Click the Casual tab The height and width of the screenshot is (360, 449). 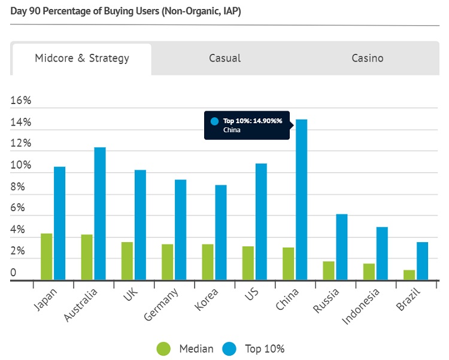pos(224,58)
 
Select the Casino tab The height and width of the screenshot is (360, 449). pos(367,58)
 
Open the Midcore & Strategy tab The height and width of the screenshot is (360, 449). pos(81,58)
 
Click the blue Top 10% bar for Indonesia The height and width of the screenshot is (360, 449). pos(382,253)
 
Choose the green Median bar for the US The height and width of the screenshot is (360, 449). pos(248,263)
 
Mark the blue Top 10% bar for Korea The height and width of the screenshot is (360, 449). pos(220,232)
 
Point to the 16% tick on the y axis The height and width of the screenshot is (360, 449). pos(21,101)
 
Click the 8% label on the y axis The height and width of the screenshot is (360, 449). pos(18,187)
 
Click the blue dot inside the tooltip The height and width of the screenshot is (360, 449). pos(214,121)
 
